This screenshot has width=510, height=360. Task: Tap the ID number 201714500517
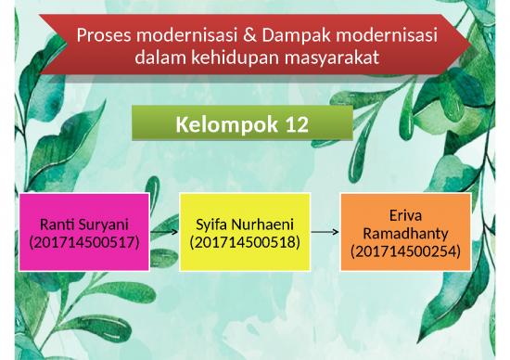pos(85,242)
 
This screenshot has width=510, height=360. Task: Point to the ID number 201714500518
pos(244,242)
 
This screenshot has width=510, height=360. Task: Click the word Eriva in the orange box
pos(405,214)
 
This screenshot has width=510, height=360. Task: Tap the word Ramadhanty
pos(405,232)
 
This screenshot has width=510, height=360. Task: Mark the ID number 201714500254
pos(405,251)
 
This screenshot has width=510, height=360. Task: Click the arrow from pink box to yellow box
pos(165,233)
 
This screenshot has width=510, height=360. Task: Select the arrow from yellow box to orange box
pos(325,232)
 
